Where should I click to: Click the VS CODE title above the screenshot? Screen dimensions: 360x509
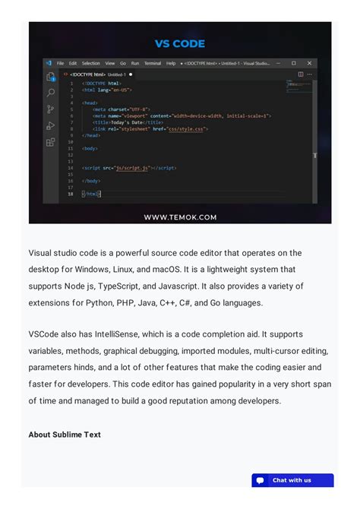pos(180,43)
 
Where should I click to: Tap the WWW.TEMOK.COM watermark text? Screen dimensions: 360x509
pos(180,217)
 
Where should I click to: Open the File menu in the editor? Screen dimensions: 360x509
pos(60,63)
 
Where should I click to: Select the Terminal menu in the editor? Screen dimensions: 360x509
pos(152,63)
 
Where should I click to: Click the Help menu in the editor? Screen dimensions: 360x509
pos(171,63)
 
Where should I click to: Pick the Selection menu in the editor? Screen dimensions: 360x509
pos(90,63)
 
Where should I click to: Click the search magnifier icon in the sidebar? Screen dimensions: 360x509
pos(51,93)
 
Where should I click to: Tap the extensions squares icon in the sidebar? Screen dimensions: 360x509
pos(51,141)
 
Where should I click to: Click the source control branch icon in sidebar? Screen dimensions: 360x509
pos(51,109)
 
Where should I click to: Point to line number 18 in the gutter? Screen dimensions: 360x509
pos(71,194)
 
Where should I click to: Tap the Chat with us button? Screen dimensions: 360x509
pos(292,480)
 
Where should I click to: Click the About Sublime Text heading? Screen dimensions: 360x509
pos(65,435)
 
